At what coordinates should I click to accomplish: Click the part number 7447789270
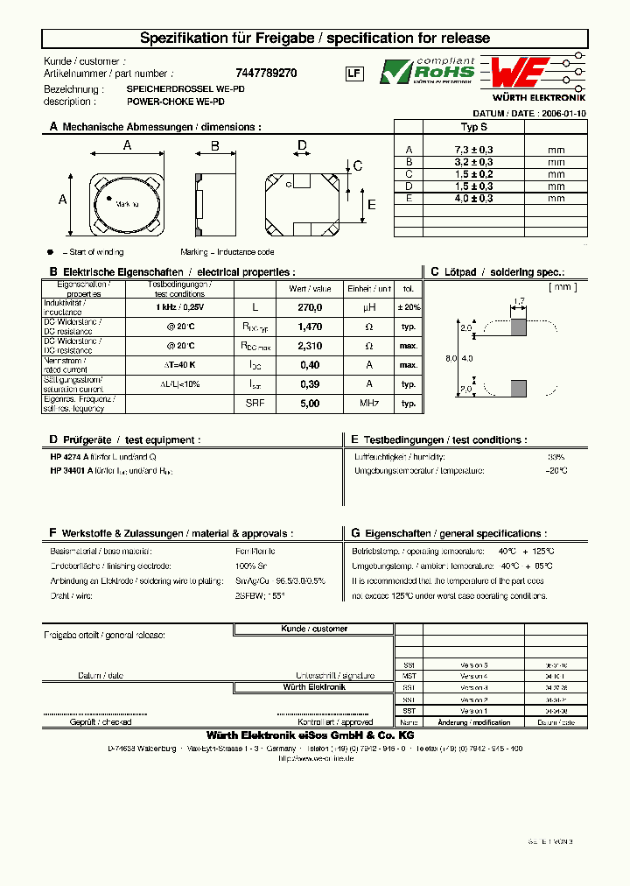tap(266, 74)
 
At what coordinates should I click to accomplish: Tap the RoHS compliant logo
tap(427, 71)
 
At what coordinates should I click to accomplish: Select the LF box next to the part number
tap(353, 74)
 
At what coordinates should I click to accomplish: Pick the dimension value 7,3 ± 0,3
tap(473, 150)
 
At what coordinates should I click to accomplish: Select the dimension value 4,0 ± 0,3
tap(473, 199)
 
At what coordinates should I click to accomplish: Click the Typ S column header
tap(473, 127)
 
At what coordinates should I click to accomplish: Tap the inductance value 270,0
tap(310, 307)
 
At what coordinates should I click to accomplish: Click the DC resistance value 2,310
tap(310, 346)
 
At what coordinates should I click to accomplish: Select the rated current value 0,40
tap(310, 364)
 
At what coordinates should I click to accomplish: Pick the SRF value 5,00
tap(310, 404)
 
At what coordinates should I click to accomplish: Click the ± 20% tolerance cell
tap(409, 307)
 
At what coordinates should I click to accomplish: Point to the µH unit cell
tap(369, 307)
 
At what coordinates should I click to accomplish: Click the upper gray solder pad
tap(518, 327)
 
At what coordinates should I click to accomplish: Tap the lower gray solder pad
tap(518, 390)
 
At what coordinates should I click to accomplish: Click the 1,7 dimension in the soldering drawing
tap(519, 302)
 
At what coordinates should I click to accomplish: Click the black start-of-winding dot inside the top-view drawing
tap(109, 200)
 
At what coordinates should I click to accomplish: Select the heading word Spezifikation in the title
tap(187, 39)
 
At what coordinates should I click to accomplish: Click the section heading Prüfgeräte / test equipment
tap(130, 439)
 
